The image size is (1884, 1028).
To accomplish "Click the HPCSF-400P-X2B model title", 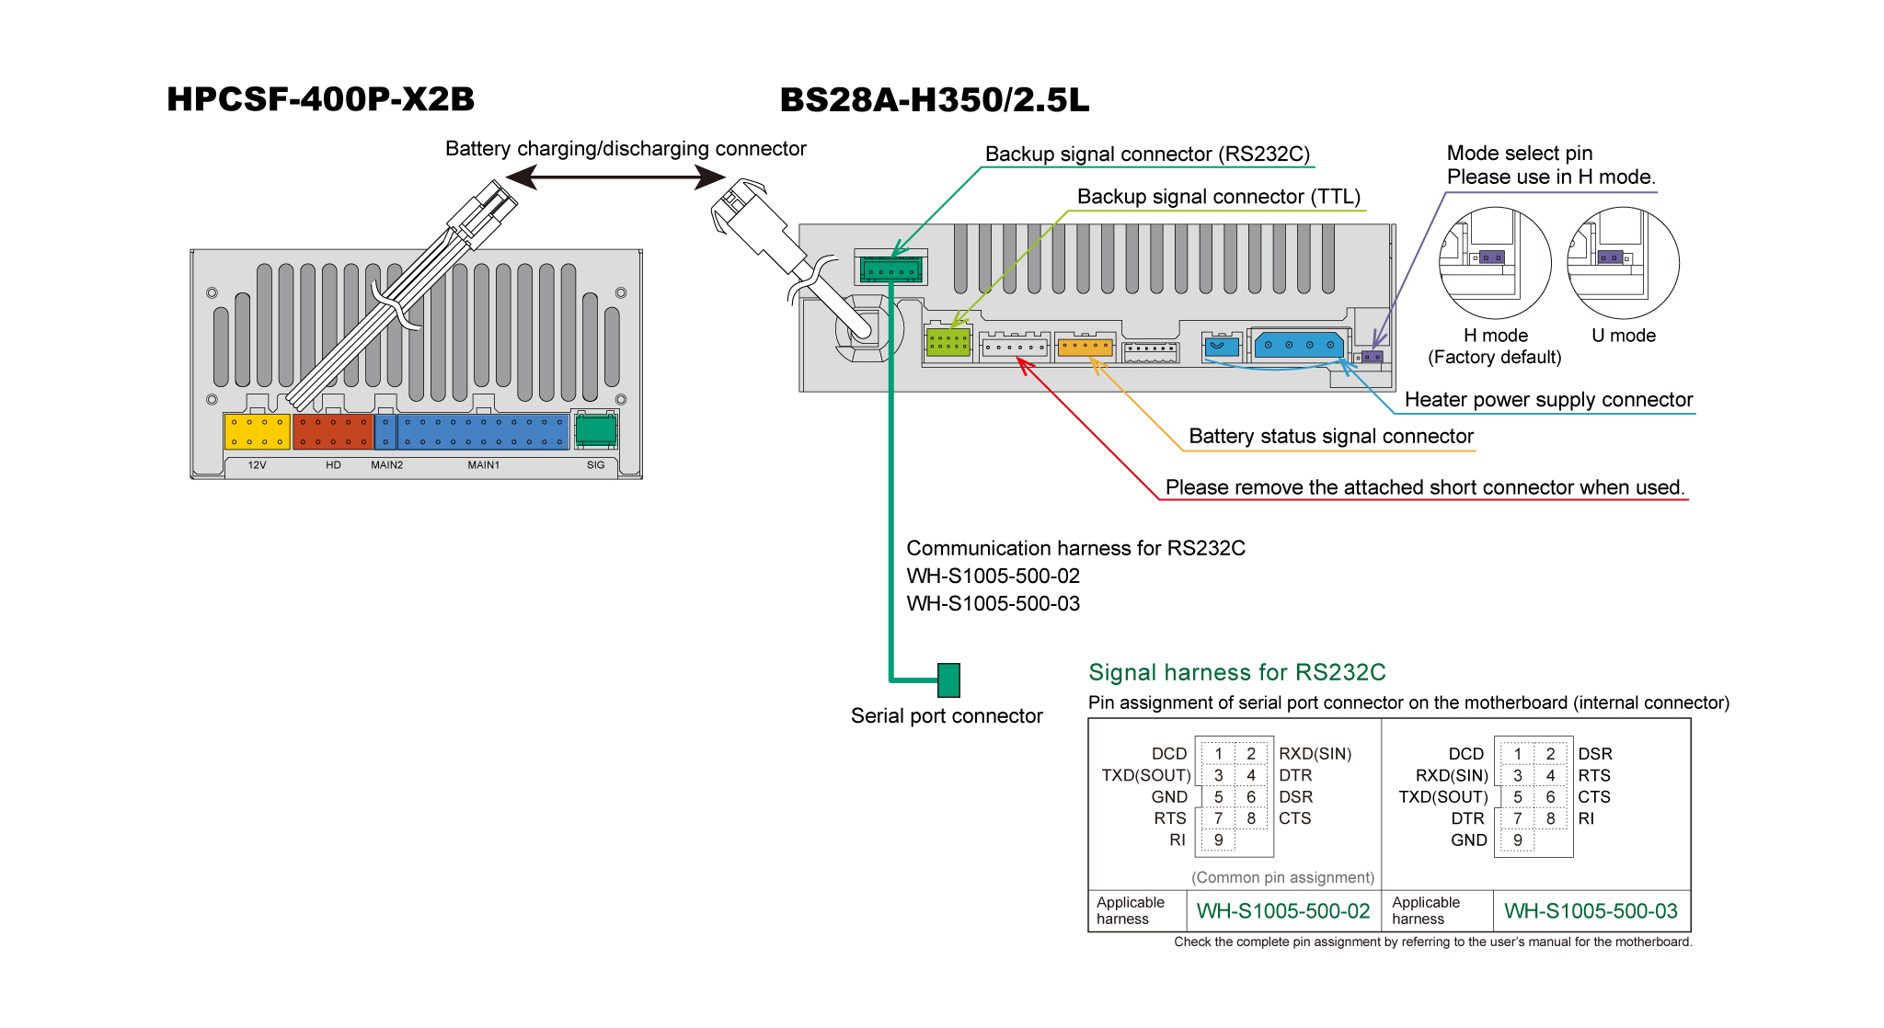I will pos(320,99).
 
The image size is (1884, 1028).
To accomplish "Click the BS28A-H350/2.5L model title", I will pos(934,100).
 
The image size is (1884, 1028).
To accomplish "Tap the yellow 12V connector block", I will pos(257,431).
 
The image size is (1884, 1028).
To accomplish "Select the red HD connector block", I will pos(332,431).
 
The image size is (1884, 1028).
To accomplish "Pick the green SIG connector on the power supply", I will pos(595,429).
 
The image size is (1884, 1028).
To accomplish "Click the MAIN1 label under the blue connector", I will pos(483,465).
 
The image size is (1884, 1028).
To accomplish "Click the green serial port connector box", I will pos(948,680).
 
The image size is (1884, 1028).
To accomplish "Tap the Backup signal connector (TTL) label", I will pos(1218,197).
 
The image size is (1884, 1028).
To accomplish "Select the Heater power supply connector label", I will pos(1548,400).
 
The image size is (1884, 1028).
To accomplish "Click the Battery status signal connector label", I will pos(1330,437).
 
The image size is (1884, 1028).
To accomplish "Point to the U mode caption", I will pos(1623,336).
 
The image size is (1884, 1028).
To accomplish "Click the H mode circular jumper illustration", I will pos(1494,263).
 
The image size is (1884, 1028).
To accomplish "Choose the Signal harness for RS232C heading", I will pos(1236,672).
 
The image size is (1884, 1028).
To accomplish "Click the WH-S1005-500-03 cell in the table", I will pos(1591,911).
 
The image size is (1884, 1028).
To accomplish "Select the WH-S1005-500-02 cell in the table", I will pos(1282,911).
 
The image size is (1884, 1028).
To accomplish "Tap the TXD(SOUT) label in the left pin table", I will pos(1145,775).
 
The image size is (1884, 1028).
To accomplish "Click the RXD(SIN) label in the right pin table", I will pos(1451,775).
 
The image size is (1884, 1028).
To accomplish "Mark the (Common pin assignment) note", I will pos(1282,877).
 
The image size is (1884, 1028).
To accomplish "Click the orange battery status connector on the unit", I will pos(1085,348).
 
